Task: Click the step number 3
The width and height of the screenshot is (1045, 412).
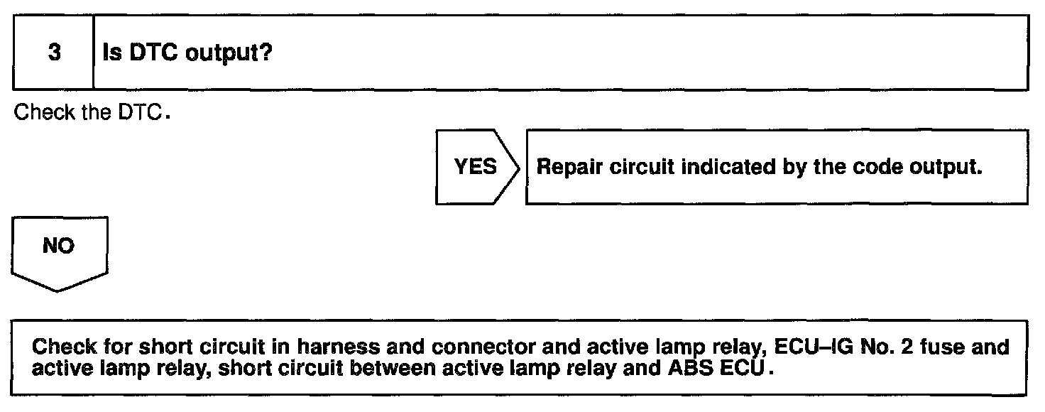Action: point(54,55)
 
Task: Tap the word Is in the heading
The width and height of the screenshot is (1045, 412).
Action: point(111,55)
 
